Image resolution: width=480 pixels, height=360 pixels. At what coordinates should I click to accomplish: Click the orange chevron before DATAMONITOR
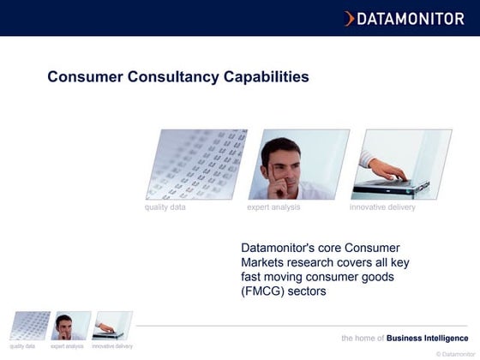click(x=349, y=18)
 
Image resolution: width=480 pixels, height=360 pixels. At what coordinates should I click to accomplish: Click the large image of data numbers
click(x=196, y=164)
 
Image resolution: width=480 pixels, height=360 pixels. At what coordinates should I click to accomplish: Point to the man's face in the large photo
click(x=280, y=162)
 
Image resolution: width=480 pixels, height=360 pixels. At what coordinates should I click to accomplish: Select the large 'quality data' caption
click(x=165, y=207)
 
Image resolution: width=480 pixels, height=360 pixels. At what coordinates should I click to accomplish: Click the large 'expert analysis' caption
click(x=273, y=207)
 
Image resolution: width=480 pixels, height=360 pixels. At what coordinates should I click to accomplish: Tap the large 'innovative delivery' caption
click(x=382, y=207)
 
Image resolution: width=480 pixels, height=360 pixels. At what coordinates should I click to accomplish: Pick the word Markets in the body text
click(x=266, y=262)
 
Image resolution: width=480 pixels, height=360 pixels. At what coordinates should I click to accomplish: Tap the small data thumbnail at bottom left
click(x=28, y=326)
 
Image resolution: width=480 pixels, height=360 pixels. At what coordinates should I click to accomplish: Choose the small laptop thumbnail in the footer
click(x=112, y=326)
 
